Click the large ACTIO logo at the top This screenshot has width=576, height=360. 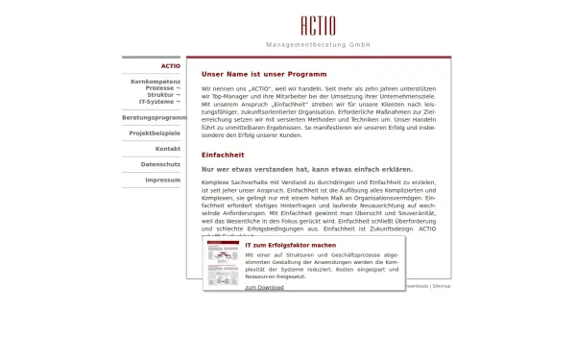pos(318,23)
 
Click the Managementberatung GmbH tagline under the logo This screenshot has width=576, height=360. pos(318,45)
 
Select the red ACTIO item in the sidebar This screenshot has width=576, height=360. pos(170,66)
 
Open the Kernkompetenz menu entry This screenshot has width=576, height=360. pos(155,82)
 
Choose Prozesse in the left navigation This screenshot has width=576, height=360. pos(159,88)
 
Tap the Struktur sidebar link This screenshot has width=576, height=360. pos(162,95)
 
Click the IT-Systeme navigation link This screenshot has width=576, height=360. pos(158,101)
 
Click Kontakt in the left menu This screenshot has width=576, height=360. pos(167,149)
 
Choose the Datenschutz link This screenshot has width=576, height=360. pos(160,164)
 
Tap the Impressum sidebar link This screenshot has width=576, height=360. pos(162,180)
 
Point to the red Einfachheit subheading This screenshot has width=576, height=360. pos(223,155)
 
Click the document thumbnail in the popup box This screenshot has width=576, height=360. pos(223,263)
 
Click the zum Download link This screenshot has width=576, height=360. pos(264,287)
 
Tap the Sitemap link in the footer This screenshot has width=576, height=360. pos(442,286)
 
